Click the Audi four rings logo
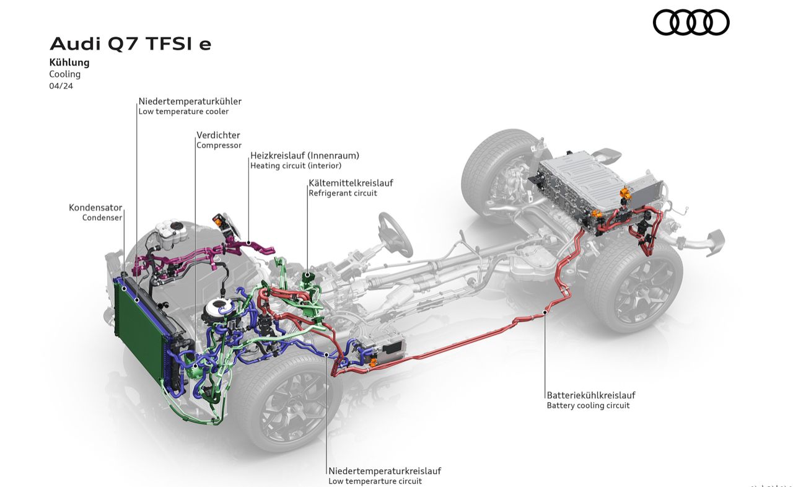(x=691, y=23)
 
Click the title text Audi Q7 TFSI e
(x=130, y=44)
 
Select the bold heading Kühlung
(x=69, y=63)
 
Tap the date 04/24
(x=61, y=86)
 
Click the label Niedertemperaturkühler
(x=190, y=101)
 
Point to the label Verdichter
(x=218, y=135)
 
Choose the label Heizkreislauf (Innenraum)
(x=304, y=156)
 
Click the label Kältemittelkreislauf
(x=351, y=183)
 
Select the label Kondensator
(x=95, y=208)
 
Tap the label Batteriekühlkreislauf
(x=590, y=395)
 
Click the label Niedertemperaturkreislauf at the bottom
(x=384, y=471)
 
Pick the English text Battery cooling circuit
(x=587, y=406)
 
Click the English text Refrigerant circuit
(x=343, y=193)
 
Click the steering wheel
(x=395, y=234)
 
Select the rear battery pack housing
(x=582, y=186)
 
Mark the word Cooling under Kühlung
(x=65, y=74)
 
